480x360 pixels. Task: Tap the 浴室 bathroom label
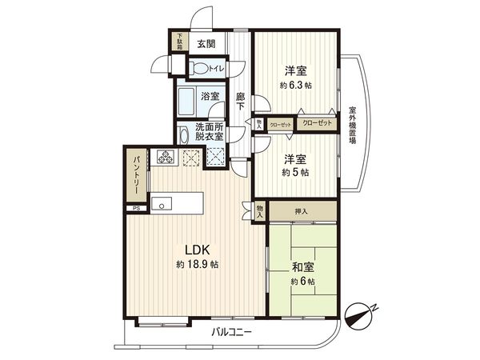coord(210,94)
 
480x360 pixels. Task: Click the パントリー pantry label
coord(136,178)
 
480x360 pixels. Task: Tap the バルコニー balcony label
coord(232,330)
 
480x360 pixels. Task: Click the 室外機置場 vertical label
coord(352,125)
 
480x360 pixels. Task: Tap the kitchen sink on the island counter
coord(162,203)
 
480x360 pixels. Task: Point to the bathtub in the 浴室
coord(190,102)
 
